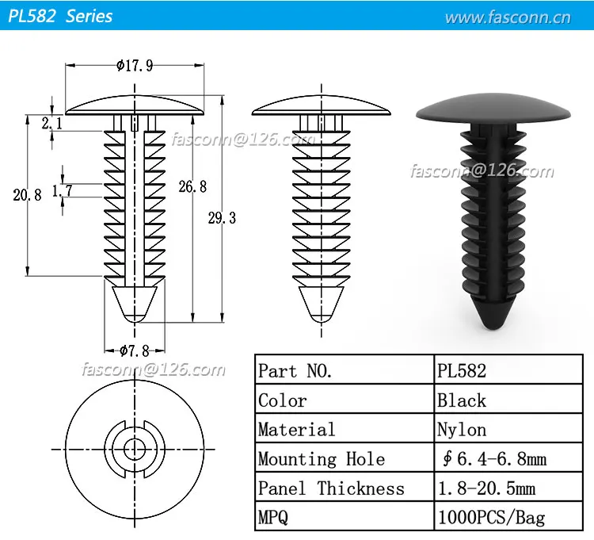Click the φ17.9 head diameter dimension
(x=135, y=66)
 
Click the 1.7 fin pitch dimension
(x=62, y=190)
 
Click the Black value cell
(x=462, y=400)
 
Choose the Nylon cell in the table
(x=462, y=429)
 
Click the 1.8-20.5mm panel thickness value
(x=486, y=488)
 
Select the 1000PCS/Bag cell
(x=491, y=517)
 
